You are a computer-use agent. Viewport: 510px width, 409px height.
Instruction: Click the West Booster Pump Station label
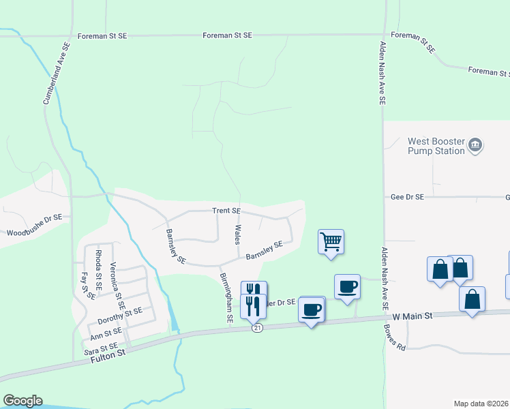click(436, 146)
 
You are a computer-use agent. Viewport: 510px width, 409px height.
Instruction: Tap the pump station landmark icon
click(475, 145)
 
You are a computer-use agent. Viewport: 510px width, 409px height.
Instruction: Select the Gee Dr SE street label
click(407, 196)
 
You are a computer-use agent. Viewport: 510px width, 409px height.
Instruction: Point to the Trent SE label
click(226, 211)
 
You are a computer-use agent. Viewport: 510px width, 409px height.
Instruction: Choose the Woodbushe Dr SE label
click(34, 226)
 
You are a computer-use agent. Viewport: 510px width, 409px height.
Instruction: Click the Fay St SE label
click(85, 285)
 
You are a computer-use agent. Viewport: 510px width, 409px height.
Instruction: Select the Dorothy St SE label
click(119, 314)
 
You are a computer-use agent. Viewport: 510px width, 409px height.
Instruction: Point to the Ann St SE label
click(106, 333)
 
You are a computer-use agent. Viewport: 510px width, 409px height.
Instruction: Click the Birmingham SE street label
click(226, 298)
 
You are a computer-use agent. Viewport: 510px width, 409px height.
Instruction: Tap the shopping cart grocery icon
click(331, 241)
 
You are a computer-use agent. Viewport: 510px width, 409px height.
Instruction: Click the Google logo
click(22, 400)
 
